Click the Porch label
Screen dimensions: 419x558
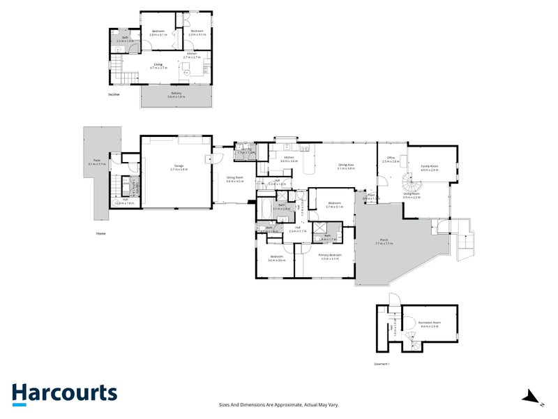pyautogui.click(x=384, y=242)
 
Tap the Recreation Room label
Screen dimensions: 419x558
pyautogui.click(x=429, y=323)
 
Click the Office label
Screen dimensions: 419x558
pyautogui.click(x=391, y=159)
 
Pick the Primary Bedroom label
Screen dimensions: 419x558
pyautogui.click(x=330, y=257)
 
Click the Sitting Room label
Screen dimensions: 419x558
pyautogui.click(x=234, y=179)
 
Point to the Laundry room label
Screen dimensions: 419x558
pyautogui.click(x=246, y=150)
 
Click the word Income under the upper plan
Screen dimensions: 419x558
pyautogui.click(x=114, y=94)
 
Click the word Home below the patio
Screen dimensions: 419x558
pyautogui.click(x=101, y=233)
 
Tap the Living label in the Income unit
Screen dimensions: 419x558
pyautogui.click(x=158, y=66)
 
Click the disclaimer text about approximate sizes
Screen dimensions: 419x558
pyautogui.click(x=278, y=405)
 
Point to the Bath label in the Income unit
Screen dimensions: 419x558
pyautogui.click(x=126, y=39)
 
